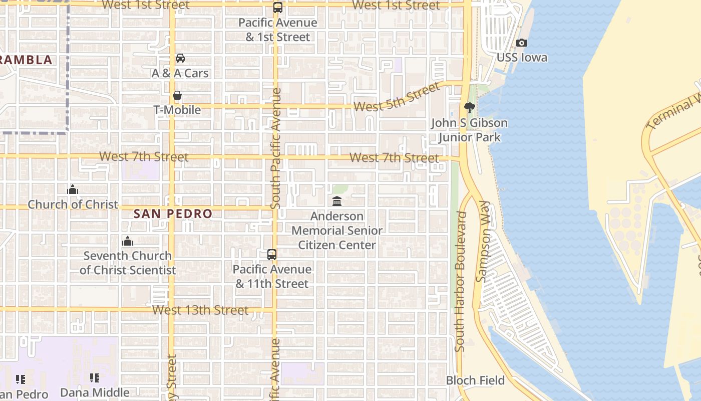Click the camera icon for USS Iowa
click(522, 43)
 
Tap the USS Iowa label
click(522, 58)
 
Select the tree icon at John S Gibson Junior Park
click(469, 107)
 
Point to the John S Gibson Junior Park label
click(469, 130)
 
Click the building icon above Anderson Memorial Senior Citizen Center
click(337, 202)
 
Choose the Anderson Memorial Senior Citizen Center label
click(337, 231)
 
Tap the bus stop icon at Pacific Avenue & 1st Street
click(277, 8)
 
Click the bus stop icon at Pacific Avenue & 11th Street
click(272, 255)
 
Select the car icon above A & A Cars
click(180, 59)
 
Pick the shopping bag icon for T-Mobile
click(177, 95)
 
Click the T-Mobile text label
click(177, 110)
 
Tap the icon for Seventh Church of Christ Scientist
click(128, 241)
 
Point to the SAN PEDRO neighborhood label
click(173, 214)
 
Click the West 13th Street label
click(200, 310)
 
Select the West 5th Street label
click(396, 98)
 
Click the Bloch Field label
click(475, 380)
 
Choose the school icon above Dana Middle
click(95, 378)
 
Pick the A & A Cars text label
click(180, 73)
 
